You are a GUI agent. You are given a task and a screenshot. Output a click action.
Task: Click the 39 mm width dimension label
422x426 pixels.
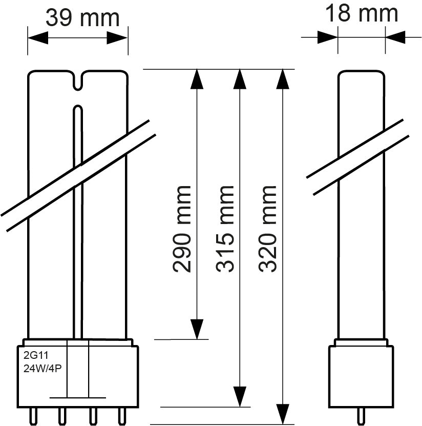(x=82, y=17)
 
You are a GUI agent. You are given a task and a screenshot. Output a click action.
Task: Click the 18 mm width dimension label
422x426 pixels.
(x=362, y=13)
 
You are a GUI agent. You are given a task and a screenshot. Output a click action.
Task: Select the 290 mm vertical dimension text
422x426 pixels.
(x=182, y=228)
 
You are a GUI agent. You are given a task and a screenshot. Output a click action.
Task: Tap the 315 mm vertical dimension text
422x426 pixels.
(x=225, y=228)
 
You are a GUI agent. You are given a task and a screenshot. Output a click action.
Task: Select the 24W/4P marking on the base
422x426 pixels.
(x=43, y=367)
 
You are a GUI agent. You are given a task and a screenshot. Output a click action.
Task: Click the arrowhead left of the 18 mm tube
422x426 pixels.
(x=327, y=37)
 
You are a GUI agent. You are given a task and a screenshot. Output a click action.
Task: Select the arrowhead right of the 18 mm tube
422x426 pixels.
(x=395, y=37)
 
